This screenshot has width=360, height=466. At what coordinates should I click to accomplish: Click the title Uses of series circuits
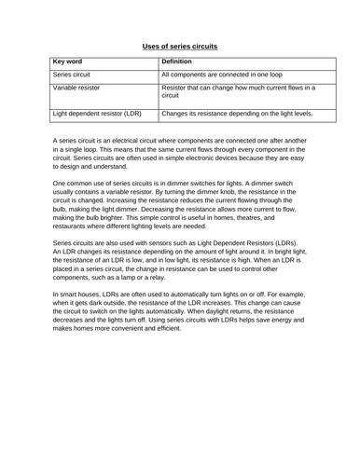pos(179,44)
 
